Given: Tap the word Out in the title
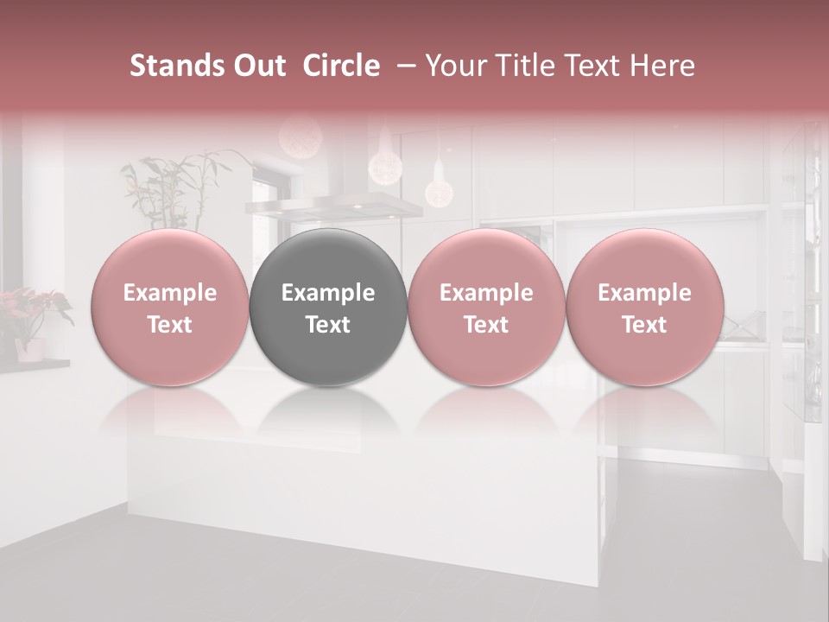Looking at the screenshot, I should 259,66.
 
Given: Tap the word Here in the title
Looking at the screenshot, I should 661,66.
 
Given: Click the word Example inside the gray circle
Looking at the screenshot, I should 328,293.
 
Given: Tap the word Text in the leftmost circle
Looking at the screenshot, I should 169,325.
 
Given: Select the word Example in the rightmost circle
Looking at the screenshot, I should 644,293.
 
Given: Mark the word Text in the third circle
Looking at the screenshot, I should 486,325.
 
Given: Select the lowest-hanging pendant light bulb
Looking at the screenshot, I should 438,192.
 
